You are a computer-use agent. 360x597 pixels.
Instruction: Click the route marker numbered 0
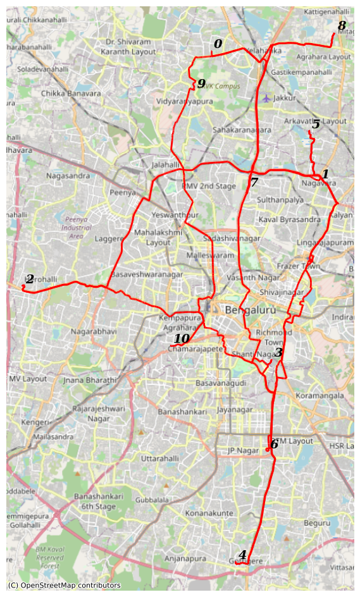tap(218, 44)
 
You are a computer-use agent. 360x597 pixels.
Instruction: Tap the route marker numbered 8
tap(342, 26)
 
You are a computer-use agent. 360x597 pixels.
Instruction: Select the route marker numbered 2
tap(30, 279)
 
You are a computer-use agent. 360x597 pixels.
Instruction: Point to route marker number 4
tap(242, 555)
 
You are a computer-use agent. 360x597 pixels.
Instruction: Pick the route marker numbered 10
tap(182, 339)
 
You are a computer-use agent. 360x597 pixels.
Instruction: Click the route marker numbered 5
tap(316, 124)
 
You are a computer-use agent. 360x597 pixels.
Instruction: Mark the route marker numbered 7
tap(254, 183)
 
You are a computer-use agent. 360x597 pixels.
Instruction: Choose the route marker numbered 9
tap(201, 83)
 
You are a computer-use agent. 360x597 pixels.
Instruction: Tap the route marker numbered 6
tap(274, 444)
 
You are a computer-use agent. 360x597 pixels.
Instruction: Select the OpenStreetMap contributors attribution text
tap(64, 586)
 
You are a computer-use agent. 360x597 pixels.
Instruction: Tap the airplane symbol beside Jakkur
tap(267, 98)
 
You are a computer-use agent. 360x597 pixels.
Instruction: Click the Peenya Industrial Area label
tap(77, 227)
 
